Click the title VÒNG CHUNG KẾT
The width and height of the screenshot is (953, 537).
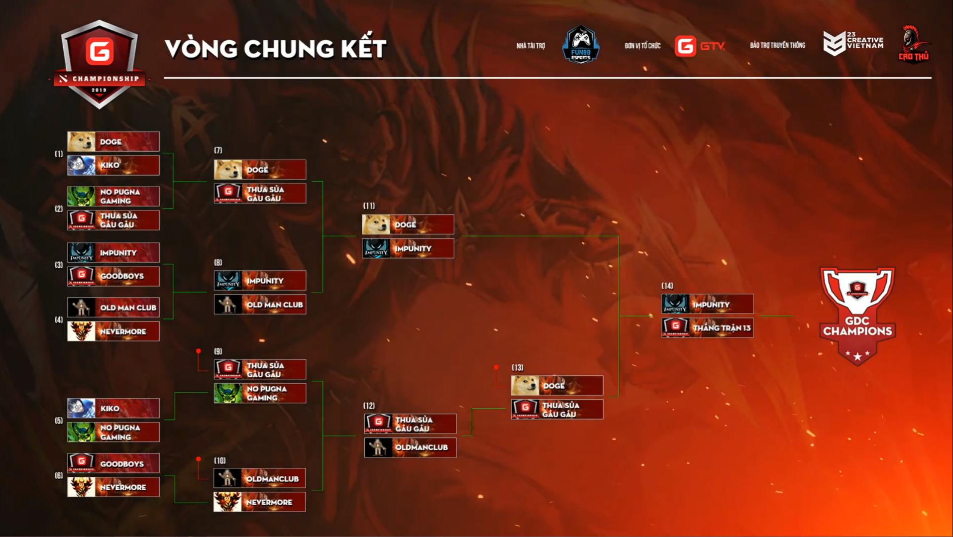(275, 49)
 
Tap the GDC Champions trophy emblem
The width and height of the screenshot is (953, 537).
(857, 316)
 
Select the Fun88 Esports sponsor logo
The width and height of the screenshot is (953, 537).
(580, 45)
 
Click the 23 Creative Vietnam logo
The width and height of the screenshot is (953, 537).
(853, 43)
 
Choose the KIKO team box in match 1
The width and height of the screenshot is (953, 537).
(113, 165)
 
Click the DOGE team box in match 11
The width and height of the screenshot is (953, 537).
(408, 224)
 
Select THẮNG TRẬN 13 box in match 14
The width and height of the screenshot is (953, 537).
(707, 328)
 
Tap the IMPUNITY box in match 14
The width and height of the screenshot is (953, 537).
(707, 304)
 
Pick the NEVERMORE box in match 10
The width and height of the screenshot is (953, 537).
(259, 502)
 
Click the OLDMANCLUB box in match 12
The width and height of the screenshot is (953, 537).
(410, 447)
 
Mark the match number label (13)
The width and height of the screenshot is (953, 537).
(518, 368)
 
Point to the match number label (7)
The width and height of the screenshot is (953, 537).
(218, 150)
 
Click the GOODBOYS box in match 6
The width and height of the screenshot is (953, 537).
(113, 463)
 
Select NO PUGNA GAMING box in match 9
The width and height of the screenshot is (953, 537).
(260, 393)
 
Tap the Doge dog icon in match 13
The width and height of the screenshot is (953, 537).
(525, 386)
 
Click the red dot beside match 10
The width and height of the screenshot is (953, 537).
(199, 459)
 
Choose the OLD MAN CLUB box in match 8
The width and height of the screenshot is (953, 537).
(260, 305)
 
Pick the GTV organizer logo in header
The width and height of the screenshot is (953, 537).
(700, 46)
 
